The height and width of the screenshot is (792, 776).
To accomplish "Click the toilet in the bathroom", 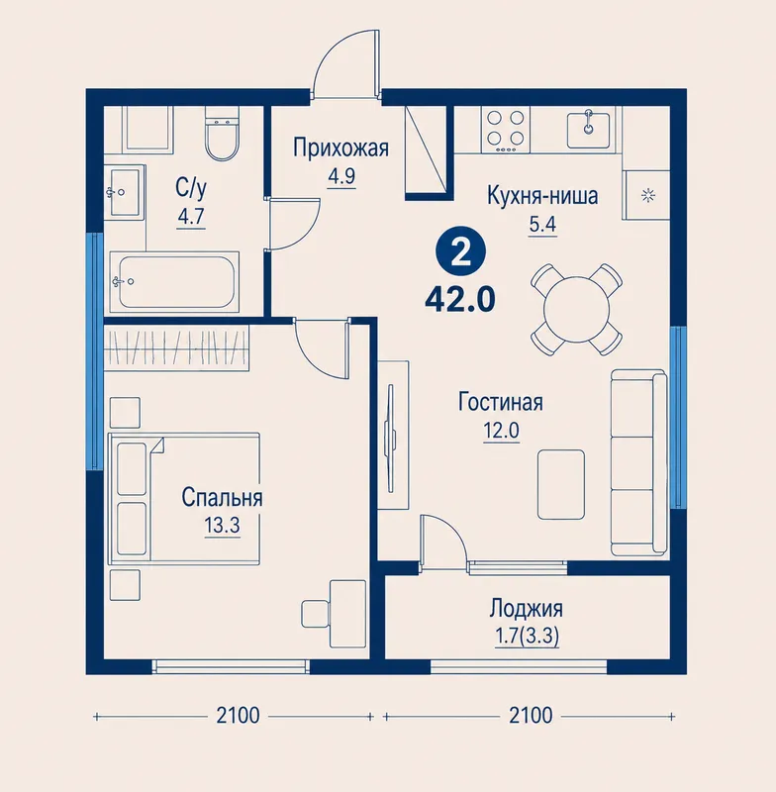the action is coord(222,134).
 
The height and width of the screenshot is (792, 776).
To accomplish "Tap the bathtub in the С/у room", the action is coord(174,282).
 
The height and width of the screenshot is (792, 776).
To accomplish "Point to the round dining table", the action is coord(576,309).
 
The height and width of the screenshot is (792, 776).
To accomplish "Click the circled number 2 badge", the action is coord(460,254).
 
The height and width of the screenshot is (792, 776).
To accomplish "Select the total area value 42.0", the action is coord(460,301).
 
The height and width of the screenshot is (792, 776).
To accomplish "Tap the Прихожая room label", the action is coord(341,148).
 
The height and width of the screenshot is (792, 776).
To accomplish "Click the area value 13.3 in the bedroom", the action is coord(222,526).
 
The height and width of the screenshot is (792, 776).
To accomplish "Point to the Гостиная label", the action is coord(501,403).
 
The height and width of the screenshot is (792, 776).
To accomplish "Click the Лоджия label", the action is coord(527,609).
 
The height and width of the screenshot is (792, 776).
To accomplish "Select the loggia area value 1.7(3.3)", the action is coord(527,637).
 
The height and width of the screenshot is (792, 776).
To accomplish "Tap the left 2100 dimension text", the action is coord(238,715).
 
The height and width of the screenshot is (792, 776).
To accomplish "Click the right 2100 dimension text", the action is coord(531,715).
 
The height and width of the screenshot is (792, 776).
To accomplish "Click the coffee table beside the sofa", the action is coord(561,484).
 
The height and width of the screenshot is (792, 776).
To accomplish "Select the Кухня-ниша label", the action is coord(542,195).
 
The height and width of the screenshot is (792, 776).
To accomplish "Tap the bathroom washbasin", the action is coord(124,192).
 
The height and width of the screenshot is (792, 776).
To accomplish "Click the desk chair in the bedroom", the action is coord(316,614).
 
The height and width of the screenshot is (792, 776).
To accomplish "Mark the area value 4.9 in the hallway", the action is coord(341,176).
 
